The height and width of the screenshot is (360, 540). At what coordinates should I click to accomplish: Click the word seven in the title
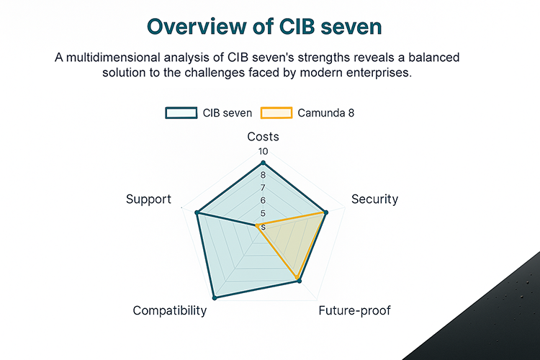coord(354,27)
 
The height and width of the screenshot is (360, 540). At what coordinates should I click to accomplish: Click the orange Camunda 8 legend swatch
coord(276,112)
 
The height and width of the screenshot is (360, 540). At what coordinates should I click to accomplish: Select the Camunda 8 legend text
coord(325,112)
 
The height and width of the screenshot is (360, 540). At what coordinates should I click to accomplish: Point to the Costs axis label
coord(263,136)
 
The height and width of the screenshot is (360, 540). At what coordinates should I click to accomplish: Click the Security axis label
coord(374,199)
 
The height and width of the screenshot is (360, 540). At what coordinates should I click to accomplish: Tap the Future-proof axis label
coord(354,310)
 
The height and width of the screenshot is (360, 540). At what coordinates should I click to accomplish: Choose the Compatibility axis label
coord(170,310)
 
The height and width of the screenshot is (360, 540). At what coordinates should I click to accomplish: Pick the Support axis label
coord(148,199)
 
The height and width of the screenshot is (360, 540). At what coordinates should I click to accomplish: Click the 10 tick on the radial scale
coord(263,152)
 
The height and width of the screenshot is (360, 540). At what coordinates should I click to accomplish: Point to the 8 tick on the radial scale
coord(263,175)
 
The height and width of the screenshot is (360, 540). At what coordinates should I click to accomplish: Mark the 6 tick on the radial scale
coord(263,200)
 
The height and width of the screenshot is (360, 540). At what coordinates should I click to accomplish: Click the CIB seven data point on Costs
coord(263,163)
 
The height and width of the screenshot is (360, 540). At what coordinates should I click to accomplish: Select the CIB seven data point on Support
coord(197,212)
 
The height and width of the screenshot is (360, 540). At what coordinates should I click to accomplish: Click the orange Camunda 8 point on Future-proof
coord(296,277)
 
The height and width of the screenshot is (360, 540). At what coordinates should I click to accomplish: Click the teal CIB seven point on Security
coord(327,212)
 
